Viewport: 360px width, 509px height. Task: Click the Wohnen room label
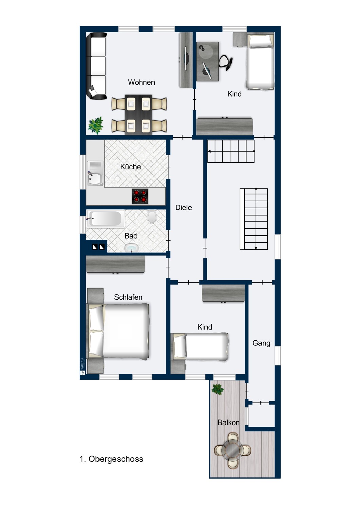click(x=141, y=82)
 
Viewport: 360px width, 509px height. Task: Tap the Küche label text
click(x=130, y=167)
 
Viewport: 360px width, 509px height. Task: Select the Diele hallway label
click(x=183, y=207)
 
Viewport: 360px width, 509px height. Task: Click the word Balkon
click(x=228, y=422)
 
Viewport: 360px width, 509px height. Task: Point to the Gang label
click(x=261, y=343)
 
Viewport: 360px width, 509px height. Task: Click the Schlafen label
click(x=128, y=297)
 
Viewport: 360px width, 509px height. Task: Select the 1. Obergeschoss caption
click(x=111, y=459)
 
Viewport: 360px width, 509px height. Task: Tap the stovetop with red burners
click(x=140, y=196)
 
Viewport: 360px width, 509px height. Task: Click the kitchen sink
click(x=94, y=178)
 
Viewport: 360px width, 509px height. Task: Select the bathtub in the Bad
click(x=105, y=219)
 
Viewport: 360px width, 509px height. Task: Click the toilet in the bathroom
click(x=152, y=217)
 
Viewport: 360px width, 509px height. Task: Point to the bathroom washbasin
click(x=131, y=248)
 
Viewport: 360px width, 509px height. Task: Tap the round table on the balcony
click(x=233, y=450)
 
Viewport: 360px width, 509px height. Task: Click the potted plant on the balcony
click(x=217, y=389)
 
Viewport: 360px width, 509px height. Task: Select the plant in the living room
click(x=96, y=125)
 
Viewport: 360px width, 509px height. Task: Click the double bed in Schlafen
click(x=119, y=331)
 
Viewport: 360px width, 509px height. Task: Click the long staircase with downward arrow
click(x=254, y=219)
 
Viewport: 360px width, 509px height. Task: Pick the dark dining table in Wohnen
click(x=139, y=114)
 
